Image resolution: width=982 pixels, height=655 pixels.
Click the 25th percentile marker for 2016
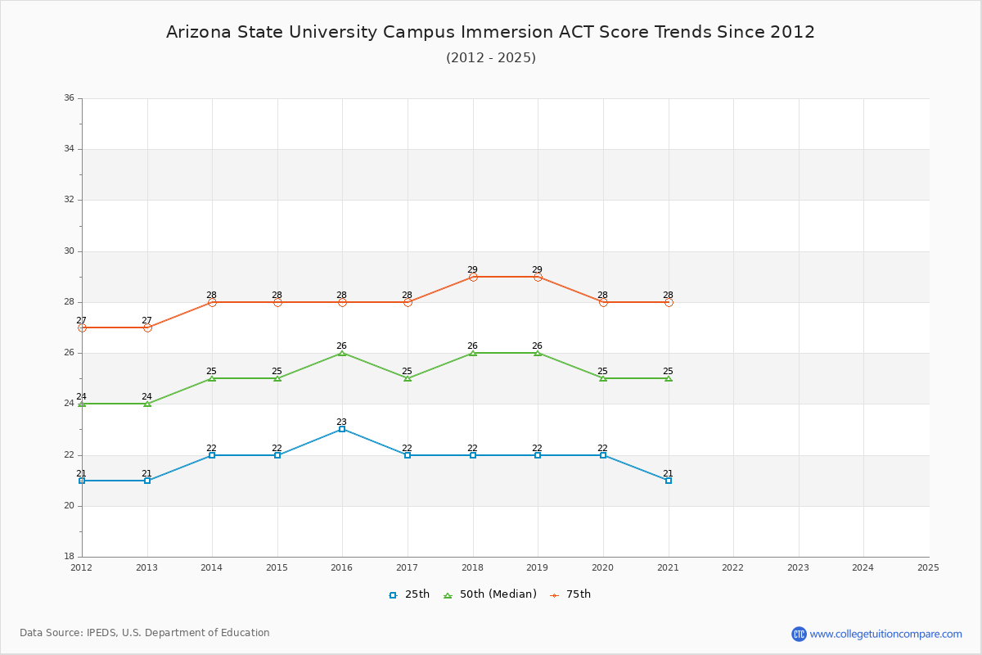[x=342, y=429]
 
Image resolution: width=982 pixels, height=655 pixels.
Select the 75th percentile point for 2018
[x=473, y=277]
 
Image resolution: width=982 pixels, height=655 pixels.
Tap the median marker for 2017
[x=408, y=378]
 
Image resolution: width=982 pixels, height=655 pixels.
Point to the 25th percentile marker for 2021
[x=669, y=481]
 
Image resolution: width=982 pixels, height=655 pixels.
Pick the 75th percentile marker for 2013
[x=147, y=327]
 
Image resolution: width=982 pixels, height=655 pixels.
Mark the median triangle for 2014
[x=212, y=378]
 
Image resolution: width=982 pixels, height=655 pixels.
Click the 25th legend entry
[x=409, y=594]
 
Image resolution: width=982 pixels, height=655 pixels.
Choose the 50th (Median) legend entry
[x=490, y=594]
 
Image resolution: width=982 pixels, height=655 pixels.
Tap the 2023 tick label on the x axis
[x=798, y=567]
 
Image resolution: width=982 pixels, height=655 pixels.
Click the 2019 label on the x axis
[x=538, y=567]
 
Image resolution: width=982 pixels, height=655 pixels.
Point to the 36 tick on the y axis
[x=69, y=98]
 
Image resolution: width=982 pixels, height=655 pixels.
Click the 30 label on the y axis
[x=69, y=251]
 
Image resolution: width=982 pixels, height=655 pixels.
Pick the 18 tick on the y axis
[x=69, y=557]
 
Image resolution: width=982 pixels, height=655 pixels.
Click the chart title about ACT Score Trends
[x=490, y=32]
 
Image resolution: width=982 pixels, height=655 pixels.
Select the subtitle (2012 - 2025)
[x=490, y=57]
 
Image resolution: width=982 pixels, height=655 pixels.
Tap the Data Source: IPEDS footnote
[x=145, y=633]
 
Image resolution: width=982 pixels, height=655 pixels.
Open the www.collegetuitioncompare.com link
[x=885, y=634]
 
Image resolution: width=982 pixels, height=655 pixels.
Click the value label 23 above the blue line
[x=342, y=422]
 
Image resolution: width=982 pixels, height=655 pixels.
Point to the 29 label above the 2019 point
[x=538, y=269]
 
